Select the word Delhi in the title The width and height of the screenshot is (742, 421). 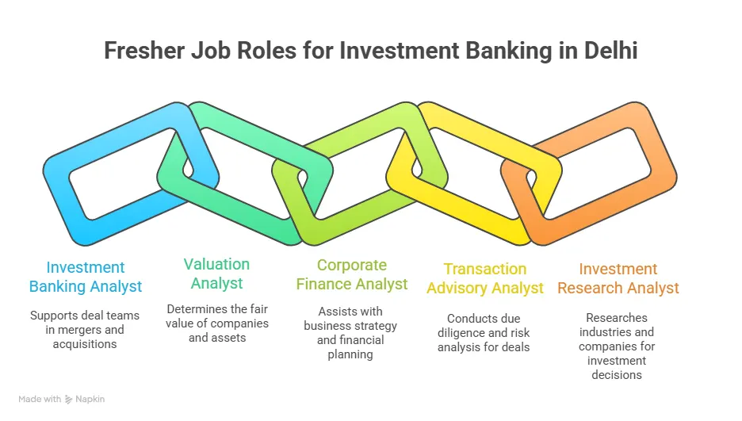tap(606, 51)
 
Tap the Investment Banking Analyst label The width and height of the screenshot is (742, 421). tap(86, 277)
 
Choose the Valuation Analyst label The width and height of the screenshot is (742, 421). tap(216, 274)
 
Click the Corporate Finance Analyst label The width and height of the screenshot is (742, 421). tap(352, 274)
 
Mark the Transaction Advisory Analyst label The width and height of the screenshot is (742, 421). tap(485, 278)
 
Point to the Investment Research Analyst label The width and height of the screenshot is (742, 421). tap(618, 278)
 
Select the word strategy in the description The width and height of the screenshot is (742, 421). tap(377, 326)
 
